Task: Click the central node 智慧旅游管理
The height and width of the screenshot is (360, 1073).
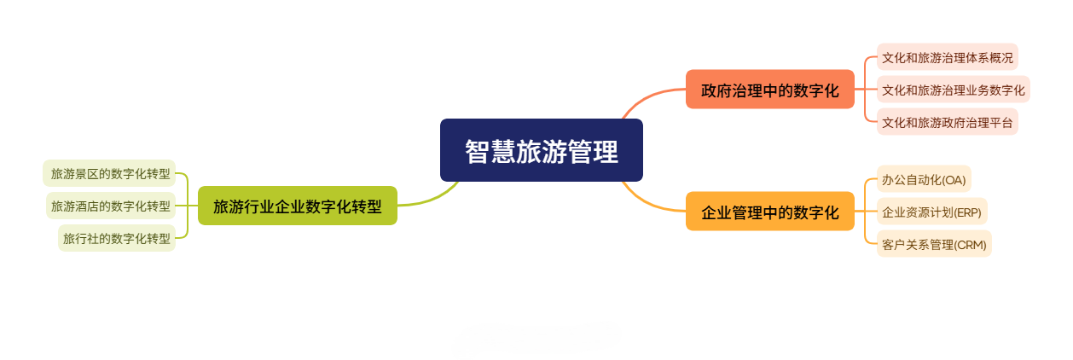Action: [x=541, y=150]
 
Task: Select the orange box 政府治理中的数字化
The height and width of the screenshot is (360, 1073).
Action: [x=769, y=90]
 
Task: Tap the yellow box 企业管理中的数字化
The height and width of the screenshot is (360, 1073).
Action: [x=769, y=212]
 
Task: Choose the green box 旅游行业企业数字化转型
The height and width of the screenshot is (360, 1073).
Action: [x=297, y=206]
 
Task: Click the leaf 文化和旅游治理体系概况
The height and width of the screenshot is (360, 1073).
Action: [x=947, y=58]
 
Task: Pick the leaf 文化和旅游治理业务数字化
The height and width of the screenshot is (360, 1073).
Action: [x=953, y=90]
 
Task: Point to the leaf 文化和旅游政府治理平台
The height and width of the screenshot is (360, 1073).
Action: [x=947, y=122]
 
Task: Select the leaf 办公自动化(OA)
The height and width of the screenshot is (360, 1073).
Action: [x=924, y=179]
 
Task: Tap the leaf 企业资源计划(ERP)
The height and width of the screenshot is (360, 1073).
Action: [x=931, y=212]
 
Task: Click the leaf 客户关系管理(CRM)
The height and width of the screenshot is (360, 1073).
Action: [x=934, y=244]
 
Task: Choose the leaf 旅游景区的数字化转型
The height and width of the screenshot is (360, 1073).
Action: [x=110, y=173]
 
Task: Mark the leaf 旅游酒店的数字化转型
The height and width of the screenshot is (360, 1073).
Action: [x=110, y=206]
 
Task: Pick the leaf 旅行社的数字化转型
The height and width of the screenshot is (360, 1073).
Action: [x=117, y=238]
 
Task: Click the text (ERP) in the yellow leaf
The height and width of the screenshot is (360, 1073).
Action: [x=967, y=212]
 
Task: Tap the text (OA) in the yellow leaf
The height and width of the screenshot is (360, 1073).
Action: [x=953, y=179]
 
